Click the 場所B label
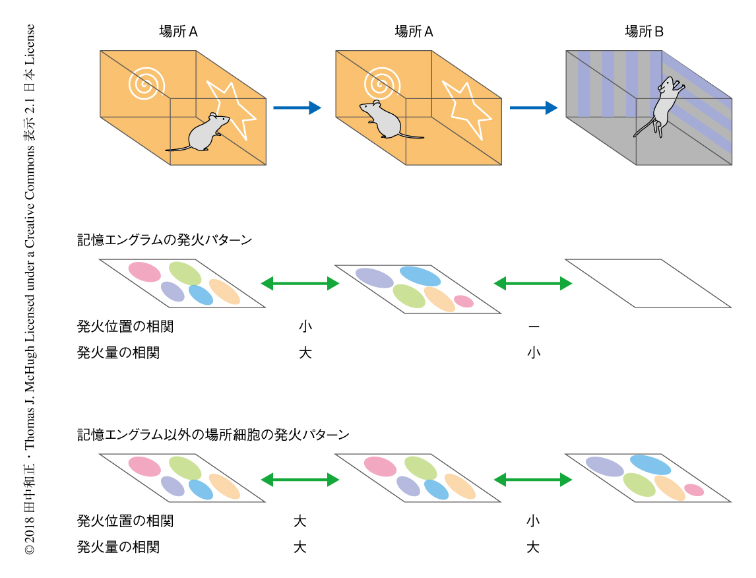click(644, 31)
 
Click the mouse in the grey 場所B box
click(664, 106)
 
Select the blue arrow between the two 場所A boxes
click(296, 108)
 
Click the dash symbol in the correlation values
click(534, 327)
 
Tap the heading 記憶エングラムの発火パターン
click(164, 240)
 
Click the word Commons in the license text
click(29, 164)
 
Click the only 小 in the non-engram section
click(533, 521)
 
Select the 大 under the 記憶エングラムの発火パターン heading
click(305, 353)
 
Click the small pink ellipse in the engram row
click(464, 301)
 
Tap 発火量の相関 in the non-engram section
click(118, 547)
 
